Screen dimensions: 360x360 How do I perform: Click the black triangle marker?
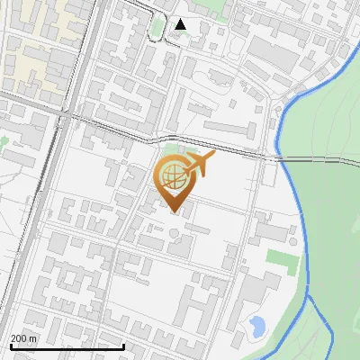coord(181,24)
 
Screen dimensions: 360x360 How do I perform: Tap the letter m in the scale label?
coord(33,338)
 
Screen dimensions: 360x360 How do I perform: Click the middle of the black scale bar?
coord(67,346)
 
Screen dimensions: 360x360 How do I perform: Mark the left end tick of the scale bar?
coord(11,346)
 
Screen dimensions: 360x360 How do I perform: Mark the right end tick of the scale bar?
coord(124,346)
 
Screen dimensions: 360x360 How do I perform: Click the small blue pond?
coord(256,325)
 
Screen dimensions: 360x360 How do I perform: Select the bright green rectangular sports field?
coord(282,262)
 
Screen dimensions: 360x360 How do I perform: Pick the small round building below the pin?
coord(174,233)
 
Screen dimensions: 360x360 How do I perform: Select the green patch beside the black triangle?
coord(157,27)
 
